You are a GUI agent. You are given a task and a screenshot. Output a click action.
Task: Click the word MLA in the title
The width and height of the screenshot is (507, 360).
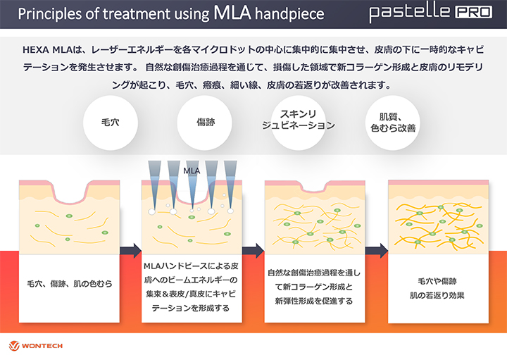click(232, 12)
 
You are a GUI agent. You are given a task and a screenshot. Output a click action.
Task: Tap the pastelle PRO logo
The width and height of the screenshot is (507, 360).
click(431, 13)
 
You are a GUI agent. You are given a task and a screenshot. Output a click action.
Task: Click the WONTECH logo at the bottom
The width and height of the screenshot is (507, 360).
click(36, 346)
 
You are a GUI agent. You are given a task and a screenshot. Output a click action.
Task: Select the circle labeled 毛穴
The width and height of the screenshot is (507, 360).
click(111, 123)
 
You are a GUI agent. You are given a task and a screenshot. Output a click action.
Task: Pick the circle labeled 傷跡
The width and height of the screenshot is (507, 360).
click(205, 123)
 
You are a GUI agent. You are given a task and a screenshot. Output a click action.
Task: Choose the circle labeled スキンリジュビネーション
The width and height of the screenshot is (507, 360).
click(299, 123)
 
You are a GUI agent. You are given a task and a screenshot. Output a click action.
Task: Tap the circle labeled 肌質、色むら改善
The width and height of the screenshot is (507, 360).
click(393, 123)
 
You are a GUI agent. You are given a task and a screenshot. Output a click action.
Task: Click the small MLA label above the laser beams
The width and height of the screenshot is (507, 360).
click(192, 170)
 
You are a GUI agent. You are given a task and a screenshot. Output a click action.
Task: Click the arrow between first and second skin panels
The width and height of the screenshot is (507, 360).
click(131, 251)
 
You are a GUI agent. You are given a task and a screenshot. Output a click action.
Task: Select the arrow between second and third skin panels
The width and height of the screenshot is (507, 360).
click(254, 251)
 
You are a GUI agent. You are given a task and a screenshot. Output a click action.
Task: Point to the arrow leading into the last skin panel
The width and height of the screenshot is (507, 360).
click(377, 251)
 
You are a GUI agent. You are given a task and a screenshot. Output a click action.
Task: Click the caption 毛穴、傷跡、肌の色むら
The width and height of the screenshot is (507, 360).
click(70, 284)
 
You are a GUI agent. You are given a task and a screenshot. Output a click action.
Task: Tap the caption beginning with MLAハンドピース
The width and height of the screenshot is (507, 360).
click(192, 287)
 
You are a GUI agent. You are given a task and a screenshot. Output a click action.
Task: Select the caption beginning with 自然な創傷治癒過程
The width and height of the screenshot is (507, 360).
click(314, 287)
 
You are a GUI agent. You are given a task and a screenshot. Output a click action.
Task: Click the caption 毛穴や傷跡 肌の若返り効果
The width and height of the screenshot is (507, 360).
click(437, 288)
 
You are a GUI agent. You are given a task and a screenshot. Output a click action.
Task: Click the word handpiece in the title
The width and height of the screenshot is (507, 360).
click(289, 14)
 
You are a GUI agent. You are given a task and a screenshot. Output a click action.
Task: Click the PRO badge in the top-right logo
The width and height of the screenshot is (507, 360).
click(474, 12)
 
